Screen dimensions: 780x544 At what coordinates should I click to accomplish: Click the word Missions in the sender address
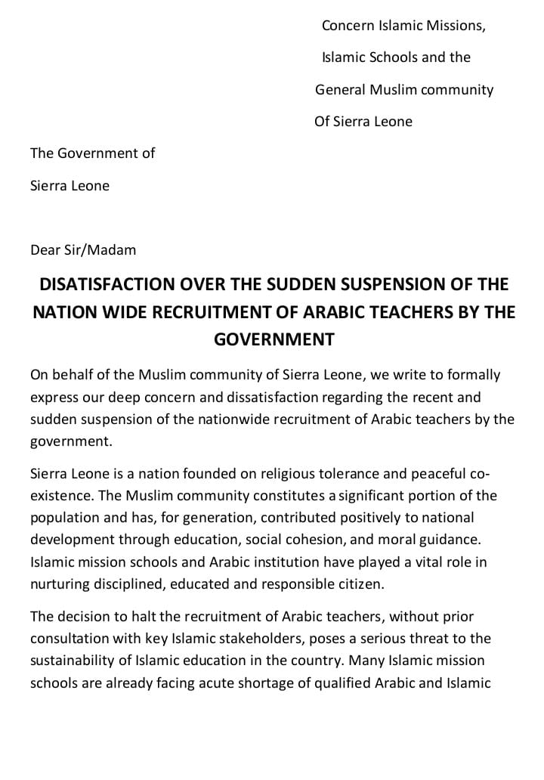(456, 26)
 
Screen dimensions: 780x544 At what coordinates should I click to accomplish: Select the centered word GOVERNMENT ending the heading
(274, 339)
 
